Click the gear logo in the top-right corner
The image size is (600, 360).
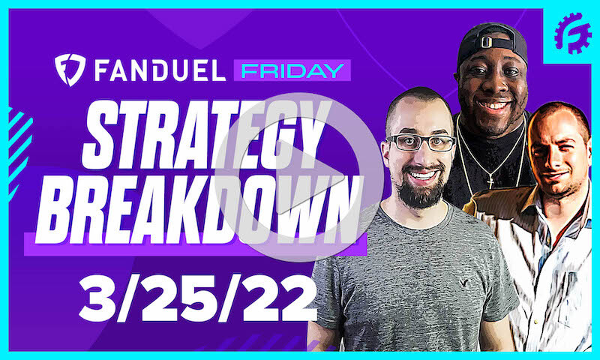coord(572,34)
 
